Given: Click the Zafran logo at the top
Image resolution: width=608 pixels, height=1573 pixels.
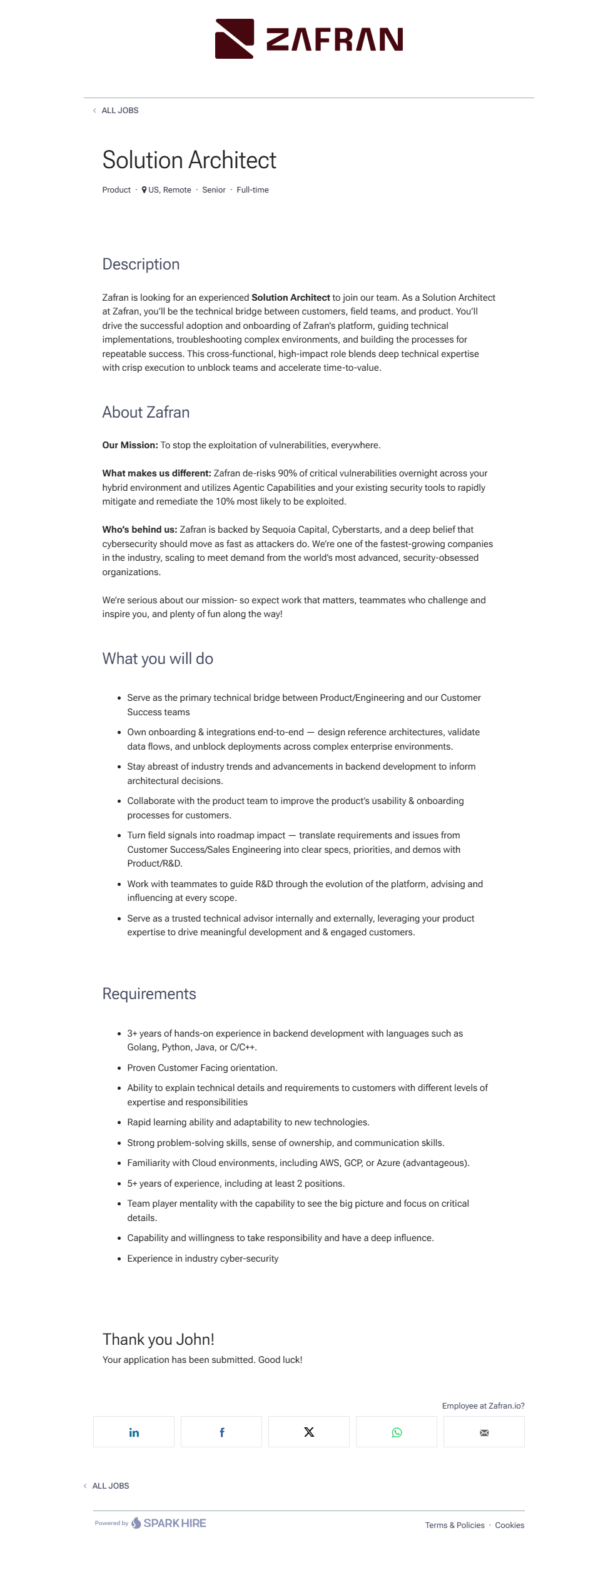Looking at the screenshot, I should click(309, 39).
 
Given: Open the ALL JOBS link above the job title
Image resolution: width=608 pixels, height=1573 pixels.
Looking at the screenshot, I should click(119, 111).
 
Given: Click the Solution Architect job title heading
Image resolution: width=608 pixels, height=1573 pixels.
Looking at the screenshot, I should click(189, 160).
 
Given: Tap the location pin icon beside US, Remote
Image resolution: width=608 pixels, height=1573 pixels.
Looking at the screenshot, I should click(144, 190).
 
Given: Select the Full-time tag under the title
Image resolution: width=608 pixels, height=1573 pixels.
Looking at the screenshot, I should click(252, 190).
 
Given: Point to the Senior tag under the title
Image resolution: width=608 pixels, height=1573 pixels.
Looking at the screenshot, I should click(213, 190).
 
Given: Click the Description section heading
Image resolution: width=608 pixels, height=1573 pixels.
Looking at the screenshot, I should click(141, 264).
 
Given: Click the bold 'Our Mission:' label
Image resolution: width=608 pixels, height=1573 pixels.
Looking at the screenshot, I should click(130, 446).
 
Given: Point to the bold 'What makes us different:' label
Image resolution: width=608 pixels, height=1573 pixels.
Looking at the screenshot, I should click(156, 474).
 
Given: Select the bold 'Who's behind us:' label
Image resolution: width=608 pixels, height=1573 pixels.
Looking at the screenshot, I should click(139, 530).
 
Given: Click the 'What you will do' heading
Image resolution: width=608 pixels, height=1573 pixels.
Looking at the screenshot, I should click(158, 659).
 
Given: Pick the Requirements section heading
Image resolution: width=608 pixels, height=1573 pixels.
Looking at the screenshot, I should click(149, 994).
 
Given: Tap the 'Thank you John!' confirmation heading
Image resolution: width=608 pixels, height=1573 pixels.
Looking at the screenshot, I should click(158, 1340).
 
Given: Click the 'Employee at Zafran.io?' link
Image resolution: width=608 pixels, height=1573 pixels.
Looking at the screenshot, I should click(483, 1406).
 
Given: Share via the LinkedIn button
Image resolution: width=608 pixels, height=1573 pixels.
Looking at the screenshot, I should click(134, 1432).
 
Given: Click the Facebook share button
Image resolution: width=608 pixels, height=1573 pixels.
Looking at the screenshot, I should click(221, 1432).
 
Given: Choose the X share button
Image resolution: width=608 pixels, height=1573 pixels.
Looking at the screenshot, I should click(309, 1432).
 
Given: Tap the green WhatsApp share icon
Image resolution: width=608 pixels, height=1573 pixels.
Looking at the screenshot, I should click(397, 1432).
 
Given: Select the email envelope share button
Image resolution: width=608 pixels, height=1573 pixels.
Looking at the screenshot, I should click(484, 1432).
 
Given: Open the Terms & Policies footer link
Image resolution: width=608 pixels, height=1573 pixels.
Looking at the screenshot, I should click(455, 1525).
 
